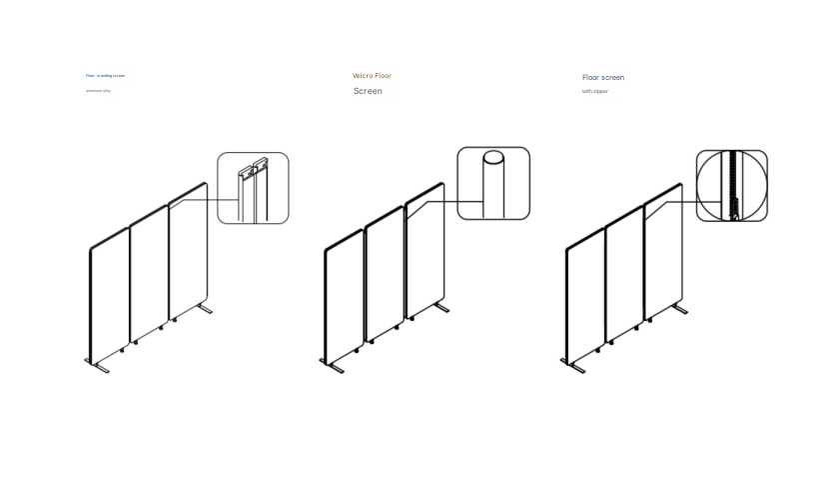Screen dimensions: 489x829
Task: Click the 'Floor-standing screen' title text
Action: [x=105, y=75]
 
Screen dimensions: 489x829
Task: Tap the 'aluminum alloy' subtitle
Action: [x=98, y=91]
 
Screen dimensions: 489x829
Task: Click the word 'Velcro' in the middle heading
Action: [x=363, y=76]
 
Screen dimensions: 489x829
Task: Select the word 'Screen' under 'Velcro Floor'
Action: [x=368, y=91]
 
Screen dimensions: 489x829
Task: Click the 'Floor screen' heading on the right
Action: [x=603, y=77]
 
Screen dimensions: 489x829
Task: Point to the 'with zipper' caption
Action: [x=595, y=91]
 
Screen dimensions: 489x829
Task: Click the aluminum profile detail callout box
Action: [x=253, y=188]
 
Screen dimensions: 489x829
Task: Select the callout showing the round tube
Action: [x=493, y=183]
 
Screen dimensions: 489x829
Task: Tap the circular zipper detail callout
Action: [x=731, y=185]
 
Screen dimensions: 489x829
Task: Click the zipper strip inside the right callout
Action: [x=733, y=185]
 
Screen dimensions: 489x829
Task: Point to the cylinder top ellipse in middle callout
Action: [x=493, y=157]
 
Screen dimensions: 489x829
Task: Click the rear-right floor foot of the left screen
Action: [x=205, y=309]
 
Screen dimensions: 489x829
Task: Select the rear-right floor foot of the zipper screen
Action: [x=680, y=309]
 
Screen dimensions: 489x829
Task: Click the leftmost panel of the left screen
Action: [x=109, y=295]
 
